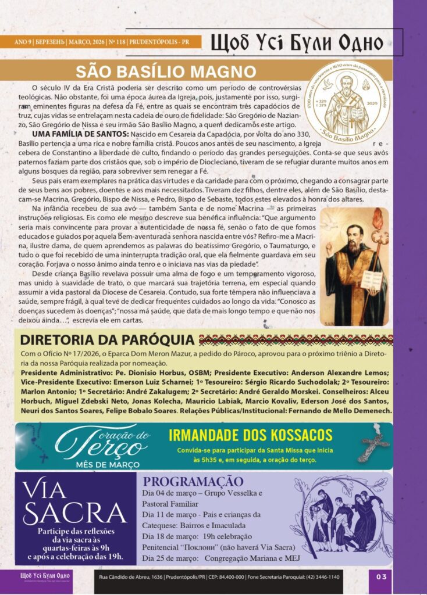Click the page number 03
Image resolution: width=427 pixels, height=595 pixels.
[381, 576]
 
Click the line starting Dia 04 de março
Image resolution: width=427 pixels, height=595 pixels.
[202, 493]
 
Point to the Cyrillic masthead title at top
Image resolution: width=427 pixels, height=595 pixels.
[297, 42]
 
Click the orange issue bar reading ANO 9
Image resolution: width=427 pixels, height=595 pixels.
[101, 42]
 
